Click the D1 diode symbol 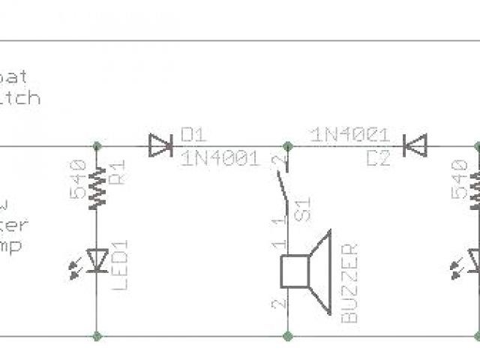point(160,145)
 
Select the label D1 point(193,134)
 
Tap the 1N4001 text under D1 point(220,158)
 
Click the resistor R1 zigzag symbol point(97,187)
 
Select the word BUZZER point(349,283)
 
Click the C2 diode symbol point(415,145)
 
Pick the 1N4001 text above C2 point(349,135)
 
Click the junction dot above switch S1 point(288,145)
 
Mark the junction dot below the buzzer point(288,335)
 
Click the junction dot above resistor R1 point(97,145)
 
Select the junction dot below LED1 point(97,335)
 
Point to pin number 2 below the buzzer point(279,304)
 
